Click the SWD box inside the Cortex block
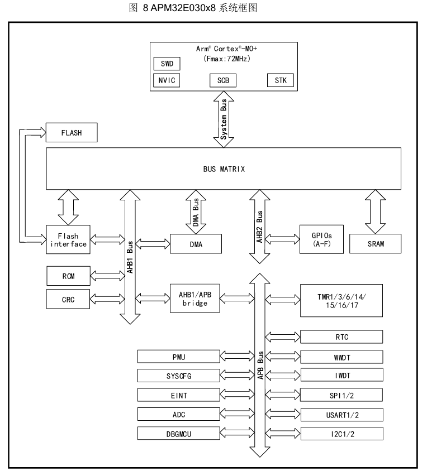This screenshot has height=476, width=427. coord(167,64)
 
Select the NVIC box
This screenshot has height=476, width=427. coord(167,80)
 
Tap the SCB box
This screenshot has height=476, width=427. coord(223,80)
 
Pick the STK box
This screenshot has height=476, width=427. coord(281,80)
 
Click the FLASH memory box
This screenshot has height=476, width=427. coord(72,133)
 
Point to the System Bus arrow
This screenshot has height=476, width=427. coord(224,119)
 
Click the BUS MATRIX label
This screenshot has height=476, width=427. coord(224,169)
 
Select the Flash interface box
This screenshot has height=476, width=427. coord(68,239)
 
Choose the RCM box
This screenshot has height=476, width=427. coord(68,276)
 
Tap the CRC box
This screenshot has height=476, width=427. coord(68,299)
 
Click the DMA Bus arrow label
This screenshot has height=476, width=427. coord(196,212)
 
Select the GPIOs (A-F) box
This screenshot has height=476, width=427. coord(321,239)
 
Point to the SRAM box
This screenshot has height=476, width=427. coord(375,243)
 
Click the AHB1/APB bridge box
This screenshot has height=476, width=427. coord(194,299)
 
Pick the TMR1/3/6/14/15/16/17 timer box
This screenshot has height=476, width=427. coord(341,301)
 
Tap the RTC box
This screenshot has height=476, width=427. coord(341,337)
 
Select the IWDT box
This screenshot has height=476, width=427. coord(342,375)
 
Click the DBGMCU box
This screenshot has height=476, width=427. coord(178,434)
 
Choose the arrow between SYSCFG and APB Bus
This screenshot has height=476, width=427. coord(237,376)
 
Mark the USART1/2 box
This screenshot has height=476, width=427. coord(342,415)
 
